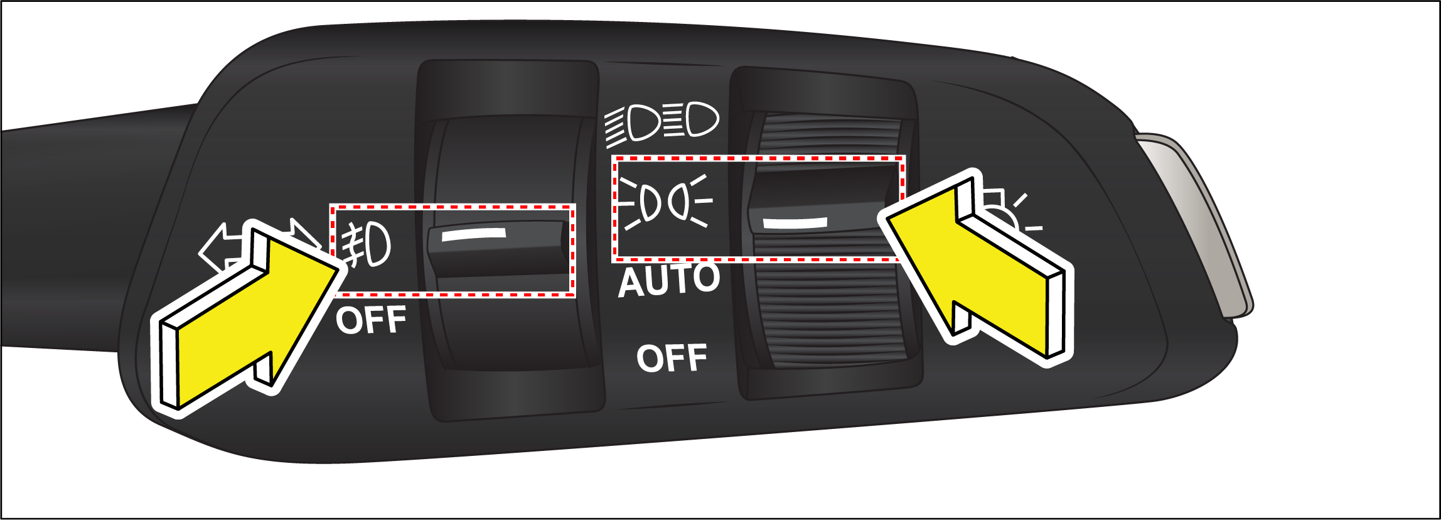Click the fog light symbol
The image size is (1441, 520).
(366, 244)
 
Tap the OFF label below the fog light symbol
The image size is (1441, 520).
(371, 320)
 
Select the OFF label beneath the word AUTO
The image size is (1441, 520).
(672, 358)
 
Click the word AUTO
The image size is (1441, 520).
(670, 280)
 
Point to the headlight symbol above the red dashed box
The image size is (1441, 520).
(662, 123)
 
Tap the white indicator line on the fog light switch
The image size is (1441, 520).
(474, 234)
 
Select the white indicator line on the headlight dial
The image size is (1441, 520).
(795, 222)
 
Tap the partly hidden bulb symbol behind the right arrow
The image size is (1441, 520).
(1010, 214)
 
